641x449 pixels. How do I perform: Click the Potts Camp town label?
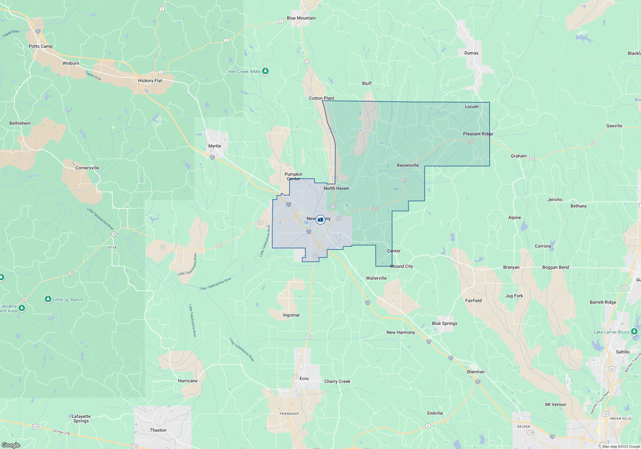41,46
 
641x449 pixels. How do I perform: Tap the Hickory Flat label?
150,80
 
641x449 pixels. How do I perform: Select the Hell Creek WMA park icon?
265,71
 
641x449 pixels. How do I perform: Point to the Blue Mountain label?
301,18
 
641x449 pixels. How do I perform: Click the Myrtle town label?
214,146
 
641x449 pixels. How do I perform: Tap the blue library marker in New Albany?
320,220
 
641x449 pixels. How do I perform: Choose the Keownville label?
408,165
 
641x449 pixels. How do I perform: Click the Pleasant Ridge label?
478,134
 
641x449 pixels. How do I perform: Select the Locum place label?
471,106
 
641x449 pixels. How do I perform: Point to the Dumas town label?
471,53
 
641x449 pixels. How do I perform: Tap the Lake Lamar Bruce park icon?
634,331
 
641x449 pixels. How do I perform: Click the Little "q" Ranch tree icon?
48,299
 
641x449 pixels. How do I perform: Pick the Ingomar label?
291,315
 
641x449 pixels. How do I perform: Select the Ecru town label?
304,378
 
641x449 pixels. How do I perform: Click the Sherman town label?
475,372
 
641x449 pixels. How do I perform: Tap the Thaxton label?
158,430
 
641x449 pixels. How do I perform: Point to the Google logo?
11,445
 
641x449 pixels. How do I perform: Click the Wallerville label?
376,278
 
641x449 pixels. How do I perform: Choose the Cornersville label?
87,168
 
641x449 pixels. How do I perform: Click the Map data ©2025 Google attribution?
621,446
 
